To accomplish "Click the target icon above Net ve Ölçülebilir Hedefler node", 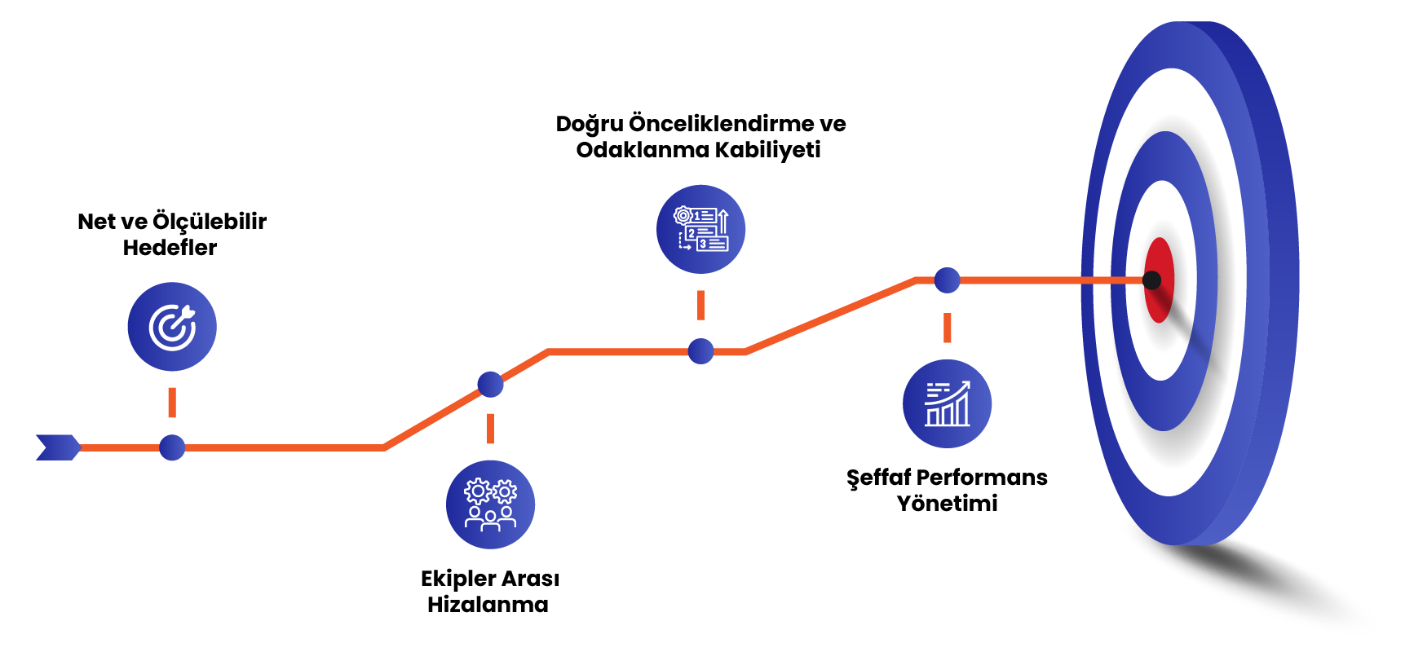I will (172, 327).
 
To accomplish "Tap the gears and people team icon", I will (490, 504).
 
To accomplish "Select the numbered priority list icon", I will (700, 229).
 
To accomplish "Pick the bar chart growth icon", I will (947, 403).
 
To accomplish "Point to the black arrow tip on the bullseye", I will (1151, 280).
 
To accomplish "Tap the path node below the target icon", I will (172, 447).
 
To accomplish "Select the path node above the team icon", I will (490, 384).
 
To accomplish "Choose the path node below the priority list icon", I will (700, 351).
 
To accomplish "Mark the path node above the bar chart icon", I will (947, 280).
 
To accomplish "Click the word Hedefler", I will (170, 248).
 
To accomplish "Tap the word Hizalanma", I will (488, 605).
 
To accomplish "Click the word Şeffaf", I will (877, 478).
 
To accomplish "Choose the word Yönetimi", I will (947, 504).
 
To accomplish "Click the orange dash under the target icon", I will (172, 403).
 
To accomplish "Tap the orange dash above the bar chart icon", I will (947, 328).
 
